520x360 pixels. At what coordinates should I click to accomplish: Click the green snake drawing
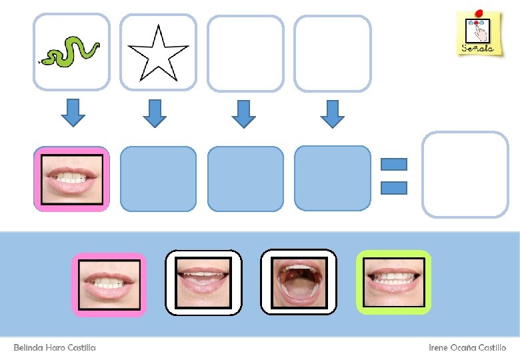coord(71,51)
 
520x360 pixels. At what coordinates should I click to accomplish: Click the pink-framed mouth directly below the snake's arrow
coord(72,179)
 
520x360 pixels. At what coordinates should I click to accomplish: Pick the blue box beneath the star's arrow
coord(158,179)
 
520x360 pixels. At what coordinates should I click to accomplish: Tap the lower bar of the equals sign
coord(394,188)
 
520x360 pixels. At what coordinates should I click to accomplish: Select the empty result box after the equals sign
coord(465,175)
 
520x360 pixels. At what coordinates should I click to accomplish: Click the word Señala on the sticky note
coord(477,48)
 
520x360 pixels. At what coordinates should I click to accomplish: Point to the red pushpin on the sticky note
coord(478,13)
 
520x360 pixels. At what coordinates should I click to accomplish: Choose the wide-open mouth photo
coord(299,281)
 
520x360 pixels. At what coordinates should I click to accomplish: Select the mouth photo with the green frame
coord(394,281)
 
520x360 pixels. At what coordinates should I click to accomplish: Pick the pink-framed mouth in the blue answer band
coord(109,283)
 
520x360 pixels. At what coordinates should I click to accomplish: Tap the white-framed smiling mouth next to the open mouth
coord(203,281)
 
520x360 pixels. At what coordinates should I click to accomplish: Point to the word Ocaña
coord(465,348)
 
